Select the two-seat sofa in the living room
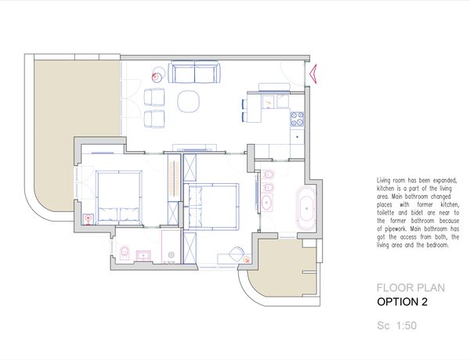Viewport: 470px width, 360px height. (194, 71)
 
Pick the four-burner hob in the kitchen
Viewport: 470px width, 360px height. (297, 119)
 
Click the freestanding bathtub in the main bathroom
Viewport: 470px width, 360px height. (306, 208)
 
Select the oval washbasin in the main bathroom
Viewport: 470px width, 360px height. (266, 203)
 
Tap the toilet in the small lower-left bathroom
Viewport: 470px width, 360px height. (124, 253)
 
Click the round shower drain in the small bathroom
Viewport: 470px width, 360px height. (171, 254)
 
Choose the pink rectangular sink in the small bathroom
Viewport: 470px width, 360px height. (144, 255)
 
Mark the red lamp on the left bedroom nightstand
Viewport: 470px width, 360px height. (88, 219)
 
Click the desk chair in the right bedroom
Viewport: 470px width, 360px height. (237, 254)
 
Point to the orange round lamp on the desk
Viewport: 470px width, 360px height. (247, 259)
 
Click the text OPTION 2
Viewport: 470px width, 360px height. (402, 302)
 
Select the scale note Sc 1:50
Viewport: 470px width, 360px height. (396, 326)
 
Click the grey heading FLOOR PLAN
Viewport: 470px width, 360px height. (410, 288)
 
